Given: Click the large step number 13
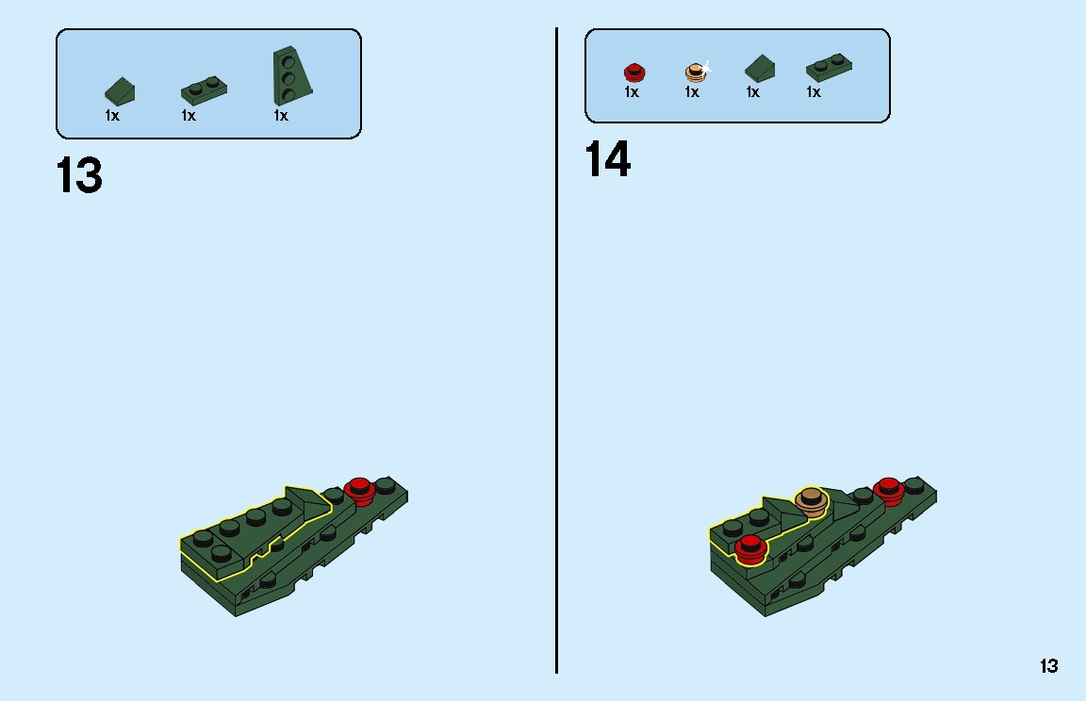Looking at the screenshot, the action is pyautogui.click(x=79, y=175).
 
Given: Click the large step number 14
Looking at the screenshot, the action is pyautogui.click(x=607, y=159).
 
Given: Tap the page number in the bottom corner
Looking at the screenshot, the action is pyautogui.click(x=1048, y=666).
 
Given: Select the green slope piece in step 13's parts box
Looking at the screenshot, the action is pyautogui.click(x=120, y=91).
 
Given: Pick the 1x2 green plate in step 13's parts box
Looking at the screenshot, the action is pyautogui.click(x=204, y=90).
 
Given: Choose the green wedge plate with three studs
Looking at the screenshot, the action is pyautogui.click(x=291, y=75).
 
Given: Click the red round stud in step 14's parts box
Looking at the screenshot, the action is pyautogui.click(x=634, y=73).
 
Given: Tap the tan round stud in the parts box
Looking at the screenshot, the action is pyautogui.click(x=696, y=73).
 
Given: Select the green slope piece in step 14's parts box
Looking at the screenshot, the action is pyautogui.click(x=760, y=69).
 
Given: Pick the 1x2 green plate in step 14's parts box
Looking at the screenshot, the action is pyautogui.click(x=829, y=67).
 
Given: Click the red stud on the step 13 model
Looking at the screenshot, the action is pyautogui.click(x=359, y=491).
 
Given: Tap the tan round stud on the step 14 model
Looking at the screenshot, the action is pyautogui.click(x=811, y=501).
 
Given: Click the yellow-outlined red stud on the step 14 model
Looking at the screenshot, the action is pyautogui.click(x=750, y=549).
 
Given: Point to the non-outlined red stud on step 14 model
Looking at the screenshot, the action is pyautogui.click(x=888, y=491).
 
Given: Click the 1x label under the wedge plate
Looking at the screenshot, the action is pyautogui.click(x=281, y=116).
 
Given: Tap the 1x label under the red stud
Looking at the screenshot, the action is pyautogui.click(x=631, y=92).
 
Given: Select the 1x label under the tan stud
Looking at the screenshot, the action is pyautogui.click(x=692, y=92).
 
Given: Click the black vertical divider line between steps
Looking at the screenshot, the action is pyautogui.click(x=556, y=350).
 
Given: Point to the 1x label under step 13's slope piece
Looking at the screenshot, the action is pyautogui.click(x=112, y=116).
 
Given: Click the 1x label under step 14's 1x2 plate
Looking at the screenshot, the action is pyautogui.click(x=814, y=92).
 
